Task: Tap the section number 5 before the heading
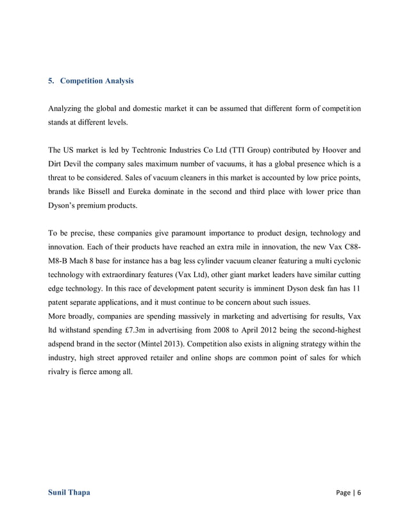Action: point(51,81)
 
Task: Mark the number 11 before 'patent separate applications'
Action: point(356,289)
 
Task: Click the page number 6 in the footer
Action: point(359,493)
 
